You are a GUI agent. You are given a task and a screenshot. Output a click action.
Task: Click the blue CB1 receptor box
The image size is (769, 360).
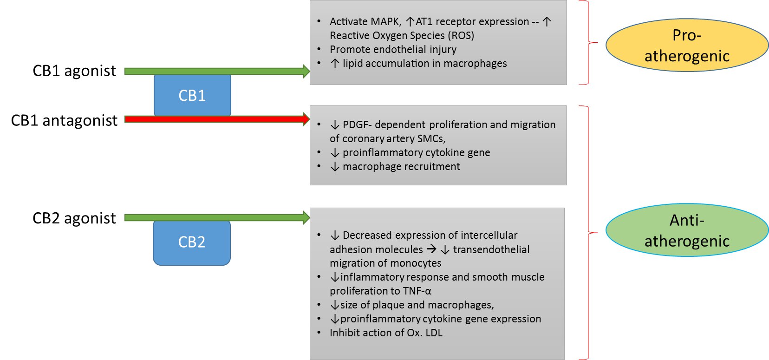click(192, 96)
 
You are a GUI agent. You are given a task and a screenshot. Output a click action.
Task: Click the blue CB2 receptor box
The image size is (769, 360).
click(192, 242)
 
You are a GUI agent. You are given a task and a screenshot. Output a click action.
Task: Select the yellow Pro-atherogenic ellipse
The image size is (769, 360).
click(687, 46)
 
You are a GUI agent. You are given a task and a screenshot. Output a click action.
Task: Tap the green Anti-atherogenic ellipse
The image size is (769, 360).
click(687, 230)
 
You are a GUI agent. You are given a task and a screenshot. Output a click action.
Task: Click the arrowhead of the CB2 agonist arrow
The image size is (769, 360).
click(306, 217)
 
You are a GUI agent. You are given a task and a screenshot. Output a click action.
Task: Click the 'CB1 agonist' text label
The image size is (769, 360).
click(74, 71)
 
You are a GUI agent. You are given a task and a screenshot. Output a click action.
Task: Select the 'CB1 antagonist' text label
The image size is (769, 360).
click(64, 121)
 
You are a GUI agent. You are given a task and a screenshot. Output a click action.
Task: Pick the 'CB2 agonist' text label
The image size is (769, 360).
click(74, 218)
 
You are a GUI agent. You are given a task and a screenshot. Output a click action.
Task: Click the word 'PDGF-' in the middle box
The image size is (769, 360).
click(357, 125)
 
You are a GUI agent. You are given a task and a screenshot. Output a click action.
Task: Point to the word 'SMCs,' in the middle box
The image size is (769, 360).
click(431, 139)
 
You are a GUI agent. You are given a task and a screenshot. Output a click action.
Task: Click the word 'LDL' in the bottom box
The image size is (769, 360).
click(434, 333)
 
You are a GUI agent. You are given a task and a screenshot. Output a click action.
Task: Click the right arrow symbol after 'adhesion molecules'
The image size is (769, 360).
click(431, 249)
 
